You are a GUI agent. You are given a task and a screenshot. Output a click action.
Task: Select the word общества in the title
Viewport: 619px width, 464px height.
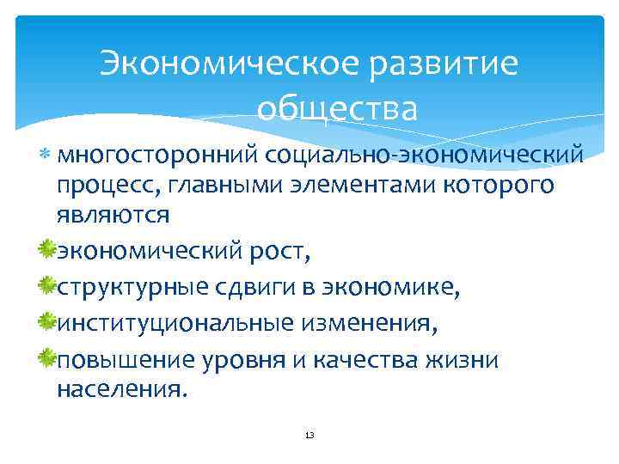point(336,110)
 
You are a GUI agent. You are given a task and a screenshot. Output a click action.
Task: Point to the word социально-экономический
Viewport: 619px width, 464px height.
point(424,155)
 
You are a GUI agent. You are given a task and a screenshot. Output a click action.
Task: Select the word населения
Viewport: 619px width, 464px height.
point(120,388)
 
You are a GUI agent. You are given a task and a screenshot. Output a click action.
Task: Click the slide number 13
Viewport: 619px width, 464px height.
point(309,436)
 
